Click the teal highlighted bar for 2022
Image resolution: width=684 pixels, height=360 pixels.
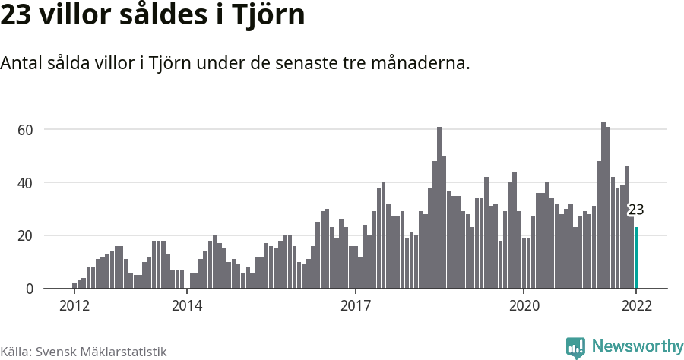637,258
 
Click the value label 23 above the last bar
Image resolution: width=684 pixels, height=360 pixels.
636,210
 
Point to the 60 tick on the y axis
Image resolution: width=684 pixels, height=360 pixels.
26,130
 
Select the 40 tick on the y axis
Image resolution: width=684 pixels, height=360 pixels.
26,183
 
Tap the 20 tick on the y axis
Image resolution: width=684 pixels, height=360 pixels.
26,236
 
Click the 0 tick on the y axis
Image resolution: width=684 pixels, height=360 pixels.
30,289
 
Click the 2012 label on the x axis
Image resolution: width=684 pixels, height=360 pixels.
74,306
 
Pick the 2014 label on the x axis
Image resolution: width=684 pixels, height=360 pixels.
187,306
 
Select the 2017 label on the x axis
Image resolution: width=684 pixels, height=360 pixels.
355,306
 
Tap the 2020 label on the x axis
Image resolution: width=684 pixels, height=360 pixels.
524,306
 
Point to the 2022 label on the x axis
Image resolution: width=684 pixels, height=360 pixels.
636,306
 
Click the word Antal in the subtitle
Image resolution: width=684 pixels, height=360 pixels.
21,63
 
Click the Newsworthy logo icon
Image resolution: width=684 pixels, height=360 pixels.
575,347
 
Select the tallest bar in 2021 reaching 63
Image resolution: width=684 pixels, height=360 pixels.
603,205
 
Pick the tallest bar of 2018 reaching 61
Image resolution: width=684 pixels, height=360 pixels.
439,208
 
